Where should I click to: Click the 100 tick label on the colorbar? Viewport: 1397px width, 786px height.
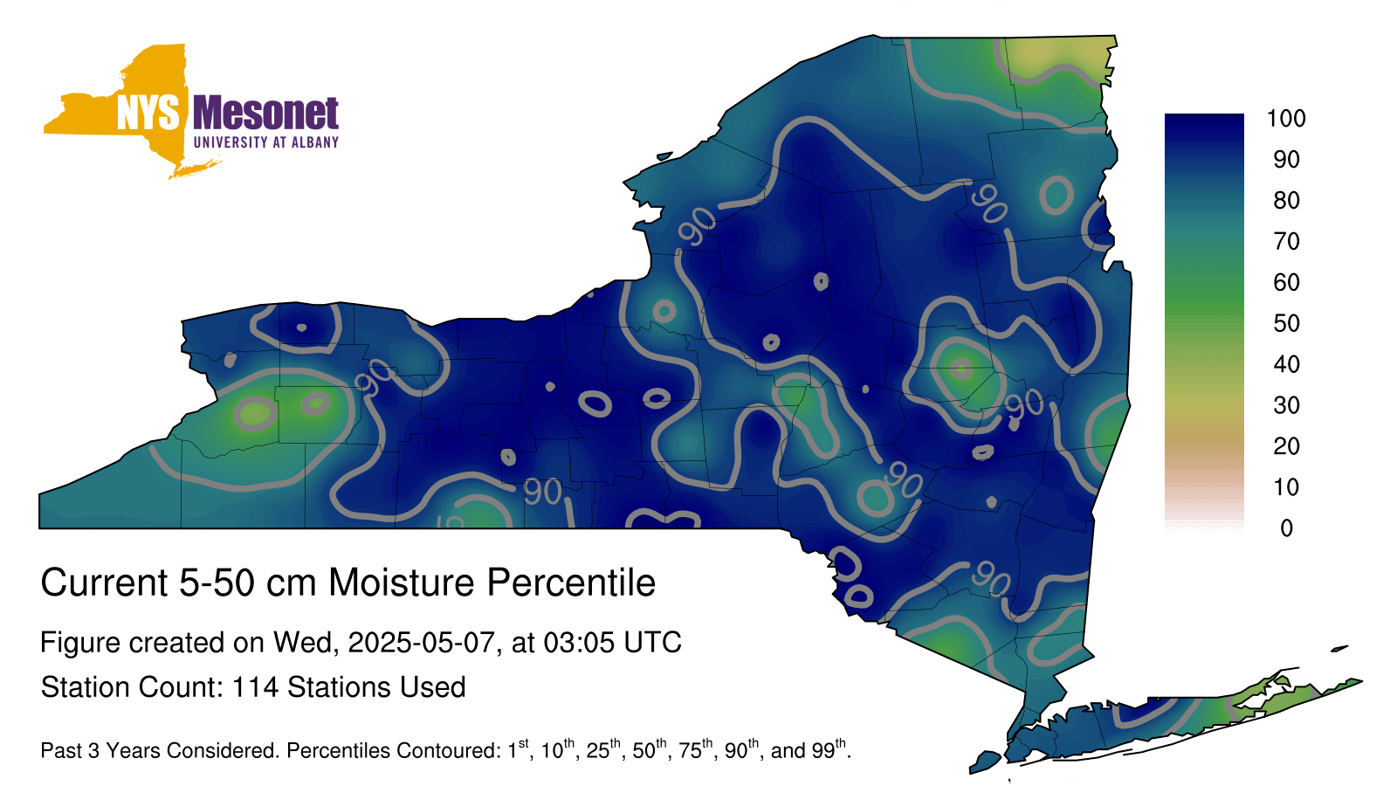pos(1286,119)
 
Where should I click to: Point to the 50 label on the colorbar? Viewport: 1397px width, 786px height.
pos(1286,323)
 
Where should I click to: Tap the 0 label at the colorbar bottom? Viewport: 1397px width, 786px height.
pos(1286,528)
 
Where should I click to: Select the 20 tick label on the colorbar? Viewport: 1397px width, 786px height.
pos(1286,446)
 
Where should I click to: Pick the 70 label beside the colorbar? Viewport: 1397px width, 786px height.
pos(1286,241)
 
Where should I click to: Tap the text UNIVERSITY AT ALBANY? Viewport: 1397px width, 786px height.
pos(266,142)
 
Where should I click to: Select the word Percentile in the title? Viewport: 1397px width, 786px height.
pos(571,583)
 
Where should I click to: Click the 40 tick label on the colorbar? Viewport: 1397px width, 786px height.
pos(1286,364)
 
